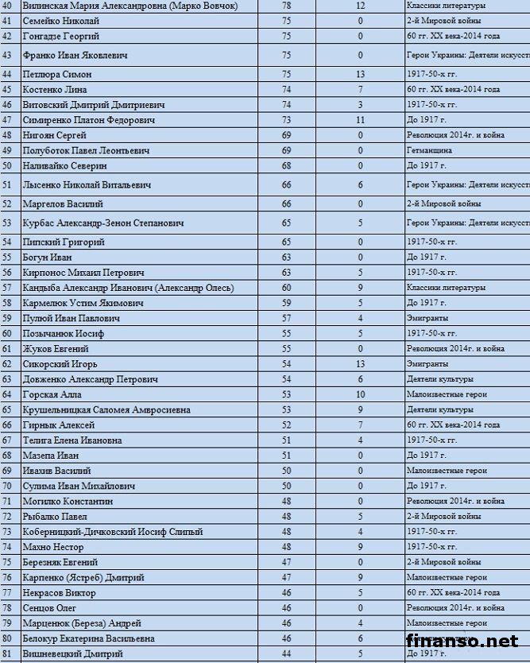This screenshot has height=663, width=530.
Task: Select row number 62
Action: pos(7,364)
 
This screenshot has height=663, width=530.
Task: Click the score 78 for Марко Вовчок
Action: pos(287,5)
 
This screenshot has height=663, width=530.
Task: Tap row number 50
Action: pos(7,165)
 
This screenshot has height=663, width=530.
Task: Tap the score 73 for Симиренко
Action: pos(287,119)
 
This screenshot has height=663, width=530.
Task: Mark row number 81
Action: pos(7,654)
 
